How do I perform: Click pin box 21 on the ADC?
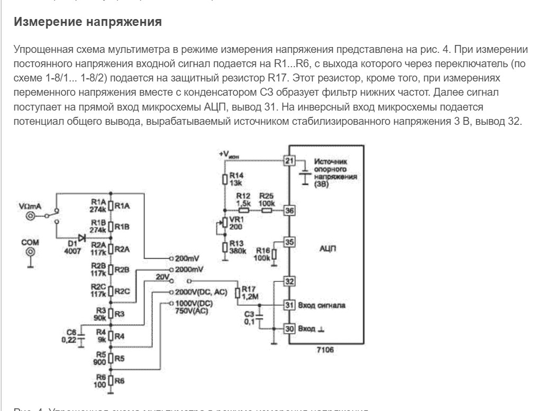pos(289,161)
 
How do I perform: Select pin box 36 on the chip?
pos(289,209)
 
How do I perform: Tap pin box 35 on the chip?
pos(289,242)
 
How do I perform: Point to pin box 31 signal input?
pos(289,305)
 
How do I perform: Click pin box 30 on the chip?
pos(289,328)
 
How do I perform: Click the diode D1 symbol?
pos(81,238)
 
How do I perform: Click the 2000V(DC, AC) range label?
pos(199,291)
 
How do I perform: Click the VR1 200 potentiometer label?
pos(236,222)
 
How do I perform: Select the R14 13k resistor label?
pos(235,179)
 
